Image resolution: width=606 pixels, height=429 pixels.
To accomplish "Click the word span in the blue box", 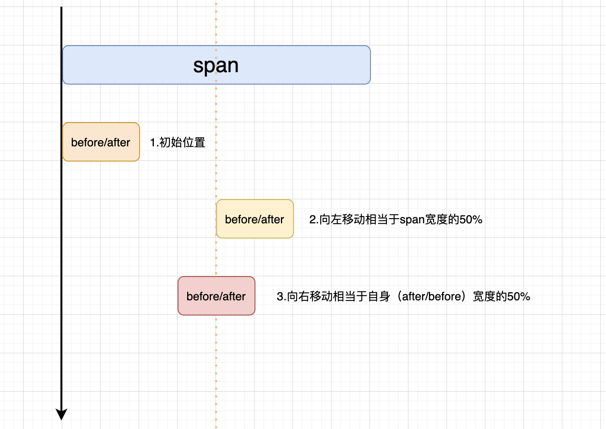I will [216, 65].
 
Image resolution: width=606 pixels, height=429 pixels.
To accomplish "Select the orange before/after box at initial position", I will [101, 142].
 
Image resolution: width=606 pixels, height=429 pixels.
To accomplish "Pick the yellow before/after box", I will [255, 219].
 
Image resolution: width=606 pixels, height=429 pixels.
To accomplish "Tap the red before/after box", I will [216, 296].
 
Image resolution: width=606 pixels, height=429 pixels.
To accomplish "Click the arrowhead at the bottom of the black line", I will [61, 414].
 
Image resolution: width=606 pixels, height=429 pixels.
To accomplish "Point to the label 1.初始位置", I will [178, 142].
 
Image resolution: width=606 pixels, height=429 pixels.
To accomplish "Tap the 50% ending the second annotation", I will [471, 220].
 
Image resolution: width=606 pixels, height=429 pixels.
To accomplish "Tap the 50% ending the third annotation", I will [519, 297].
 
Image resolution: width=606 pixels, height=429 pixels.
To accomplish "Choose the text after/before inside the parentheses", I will [431, 297].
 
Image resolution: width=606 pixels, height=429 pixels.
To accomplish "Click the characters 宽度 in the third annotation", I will [484, 297].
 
